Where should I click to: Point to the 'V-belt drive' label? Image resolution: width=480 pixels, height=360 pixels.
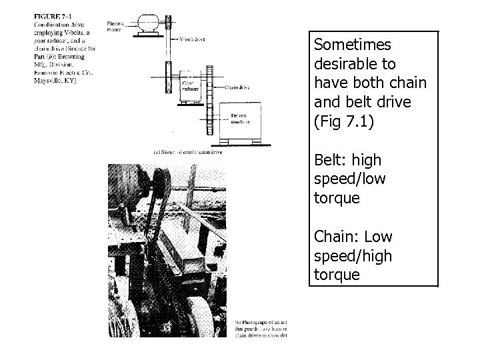coord(194,39)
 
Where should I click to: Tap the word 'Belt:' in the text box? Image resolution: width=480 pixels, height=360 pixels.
coord(331,161)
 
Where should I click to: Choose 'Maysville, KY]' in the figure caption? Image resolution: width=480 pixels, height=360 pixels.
coord(57,81)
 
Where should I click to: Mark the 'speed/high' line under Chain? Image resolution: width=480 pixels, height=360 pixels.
coord(353,256)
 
